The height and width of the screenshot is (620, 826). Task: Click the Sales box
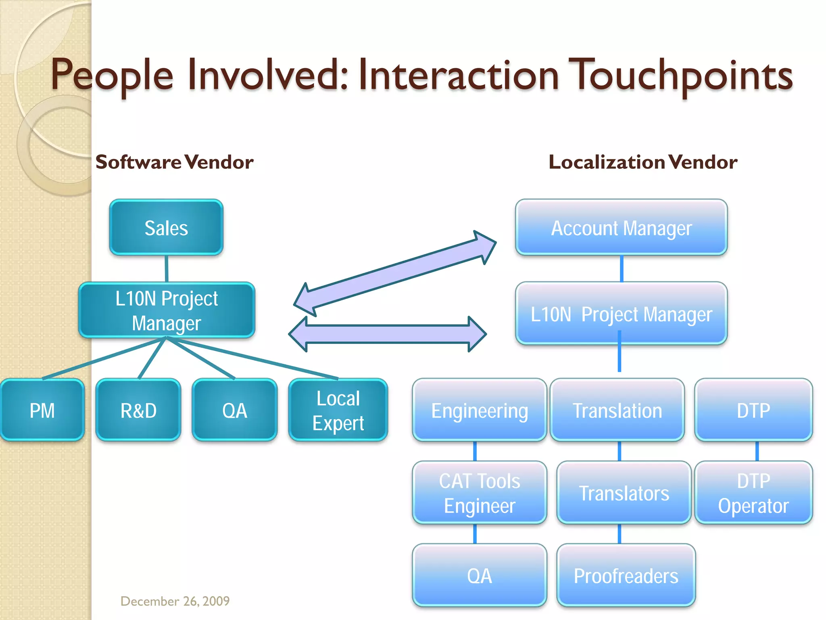[x=166, y=228]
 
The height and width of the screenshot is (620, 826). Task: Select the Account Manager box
[x=621, y=228]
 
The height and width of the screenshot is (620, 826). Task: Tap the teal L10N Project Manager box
[x=166, y=310]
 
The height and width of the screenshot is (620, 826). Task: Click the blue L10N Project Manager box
[x=621, y=314]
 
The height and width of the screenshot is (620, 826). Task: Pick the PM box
[x=42, y=410]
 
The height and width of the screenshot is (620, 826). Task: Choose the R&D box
[x=138, y=410]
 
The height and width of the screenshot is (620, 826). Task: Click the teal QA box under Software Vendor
[x=235, y=410]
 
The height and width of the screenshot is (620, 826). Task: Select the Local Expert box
[x=338, y=410]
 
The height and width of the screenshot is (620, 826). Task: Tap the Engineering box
[x=479, y=410]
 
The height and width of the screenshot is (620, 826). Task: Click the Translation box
[x=617, y=410]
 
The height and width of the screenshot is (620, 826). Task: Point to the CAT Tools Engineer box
[x=479, y=493]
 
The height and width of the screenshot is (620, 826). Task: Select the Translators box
[x=624, y=493]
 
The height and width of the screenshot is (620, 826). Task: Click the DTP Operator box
[x=753, y=493]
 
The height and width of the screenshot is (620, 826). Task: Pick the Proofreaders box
[x=626, y=575]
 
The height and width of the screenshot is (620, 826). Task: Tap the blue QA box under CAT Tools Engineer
[x=479, y=575]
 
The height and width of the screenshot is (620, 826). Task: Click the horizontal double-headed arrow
[x=387, y=334]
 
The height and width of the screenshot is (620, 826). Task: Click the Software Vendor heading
[x=174, y=162]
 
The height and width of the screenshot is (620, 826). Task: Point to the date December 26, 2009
[x=175, y=601]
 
